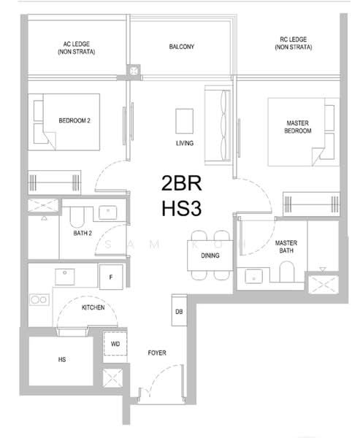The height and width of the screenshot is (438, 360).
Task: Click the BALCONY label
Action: pos(181,47)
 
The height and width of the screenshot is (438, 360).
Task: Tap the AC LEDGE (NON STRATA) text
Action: pos(76,47)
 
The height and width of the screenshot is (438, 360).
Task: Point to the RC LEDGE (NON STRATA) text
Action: pos(294,43)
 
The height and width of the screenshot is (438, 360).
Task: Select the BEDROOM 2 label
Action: pos(74,120)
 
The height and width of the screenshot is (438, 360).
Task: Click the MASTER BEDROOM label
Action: pos(298,127)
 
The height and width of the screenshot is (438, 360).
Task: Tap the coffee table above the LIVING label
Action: pos(184,121)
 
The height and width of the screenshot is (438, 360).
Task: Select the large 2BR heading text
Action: pos(181,183)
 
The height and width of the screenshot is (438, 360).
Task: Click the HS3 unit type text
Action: pos(182,208)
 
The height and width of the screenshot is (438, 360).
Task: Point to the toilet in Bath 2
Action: pos(77,217)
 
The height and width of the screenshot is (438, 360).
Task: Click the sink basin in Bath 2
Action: pos(107,213)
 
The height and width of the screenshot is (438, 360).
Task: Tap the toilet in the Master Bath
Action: pos(287,272)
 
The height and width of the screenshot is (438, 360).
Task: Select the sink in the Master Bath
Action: pos(254,276)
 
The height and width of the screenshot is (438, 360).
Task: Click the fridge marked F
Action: pos(111,277)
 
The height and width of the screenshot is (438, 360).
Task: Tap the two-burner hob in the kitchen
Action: pos(39,300)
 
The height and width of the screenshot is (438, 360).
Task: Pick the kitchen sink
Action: pos(64,277)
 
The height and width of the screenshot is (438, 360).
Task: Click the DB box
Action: pos(179,310)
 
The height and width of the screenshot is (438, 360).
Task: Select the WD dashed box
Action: pos(115,344)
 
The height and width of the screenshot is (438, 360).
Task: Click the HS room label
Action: pos(62,359)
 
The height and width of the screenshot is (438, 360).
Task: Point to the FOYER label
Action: pos(157,353)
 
